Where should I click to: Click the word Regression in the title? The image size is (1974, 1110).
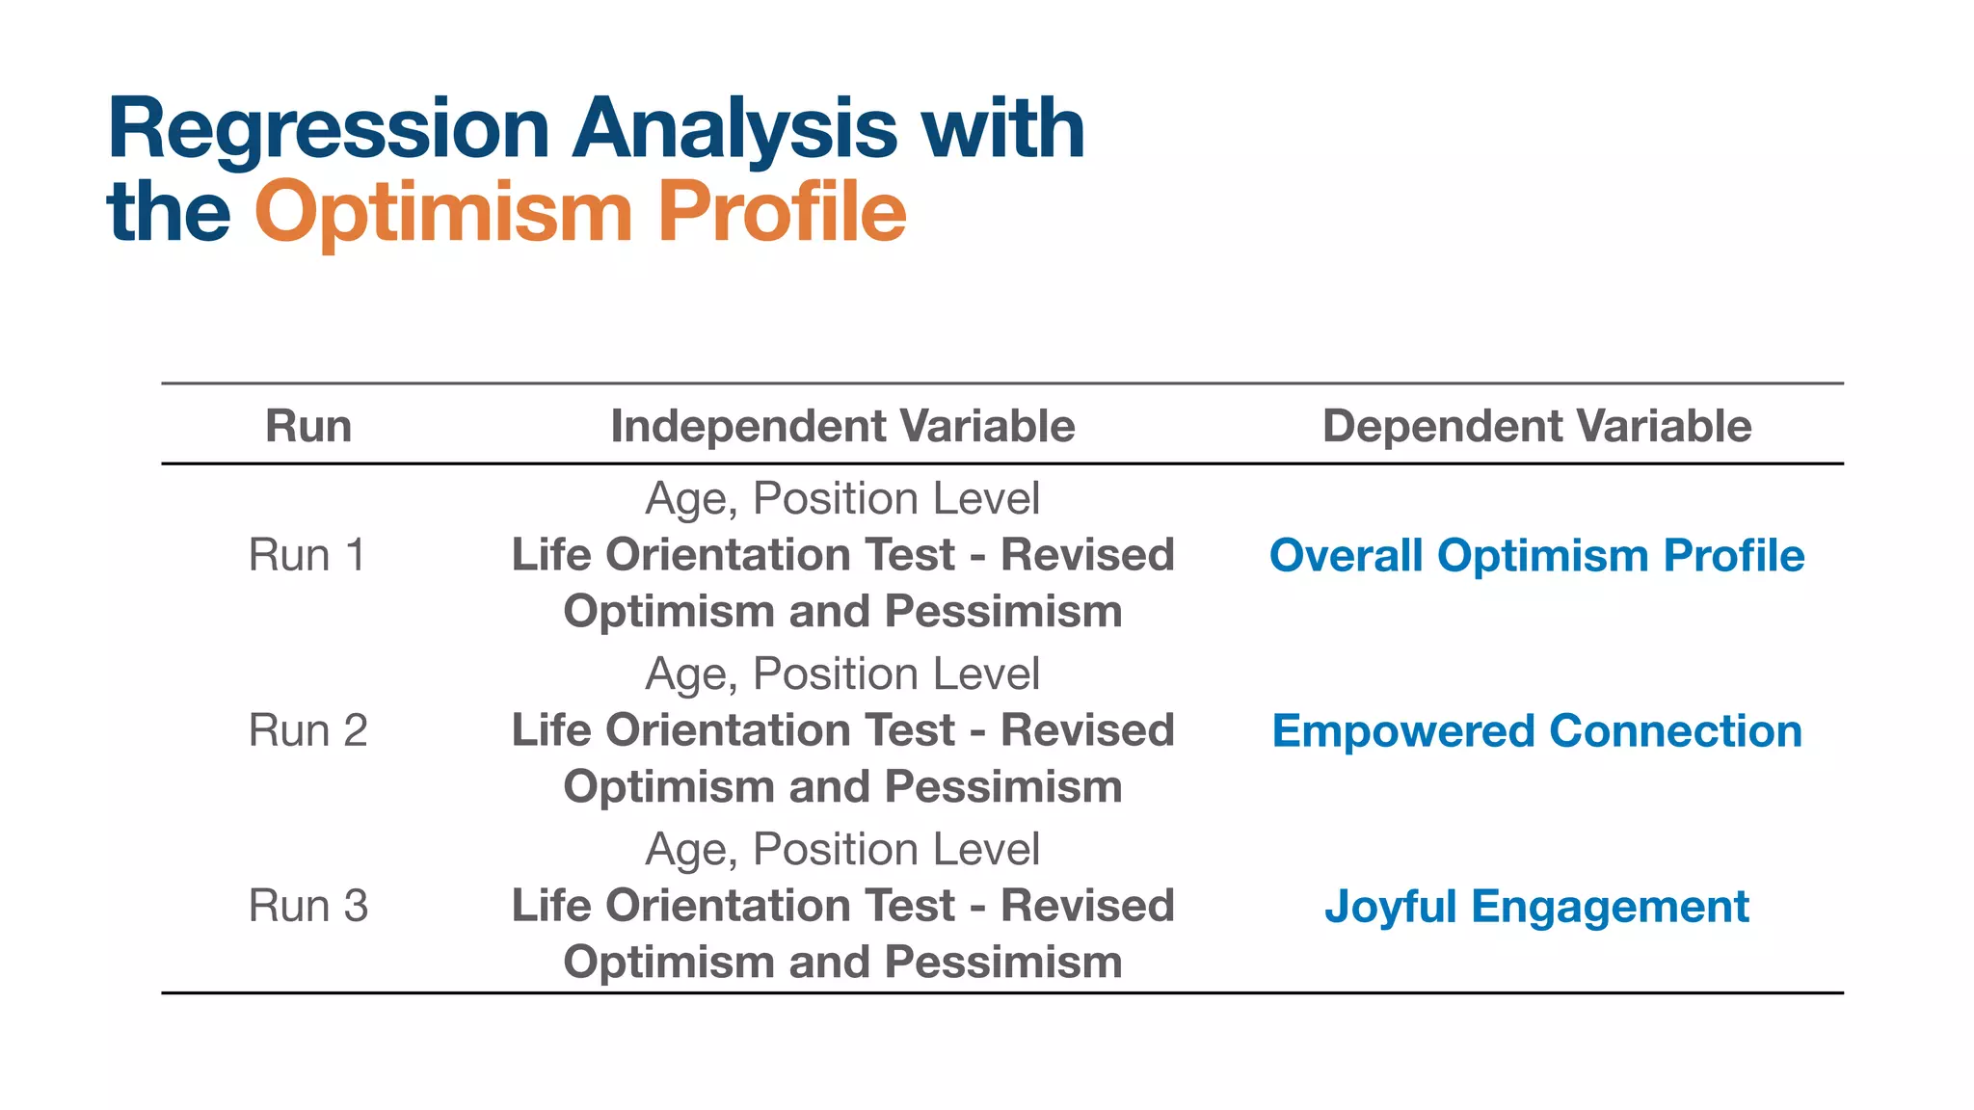pyautogui.click(x=329, y=130)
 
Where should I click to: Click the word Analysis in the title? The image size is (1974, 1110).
pyautogui.click(x=734, y=130)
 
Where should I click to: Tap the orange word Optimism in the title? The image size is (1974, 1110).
pyautogui.click(x=443, y=213)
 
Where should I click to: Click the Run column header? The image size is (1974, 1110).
pyautogui.click(x=308, y=426)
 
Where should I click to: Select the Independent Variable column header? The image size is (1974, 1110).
pyautogui.click(x=842, y=426)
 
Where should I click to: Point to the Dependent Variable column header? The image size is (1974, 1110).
pyautogui.click(x=1536, y=426)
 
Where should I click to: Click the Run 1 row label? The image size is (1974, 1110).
pyautogui.click(x=308, y=556)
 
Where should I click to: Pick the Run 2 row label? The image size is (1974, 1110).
pyautogui.click(x=308, y=731)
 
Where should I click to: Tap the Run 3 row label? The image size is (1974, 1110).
pyautogui.click(x=308, y=907)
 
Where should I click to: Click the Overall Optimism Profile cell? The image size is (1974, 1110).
pyautogui.click(x=1536, y=556)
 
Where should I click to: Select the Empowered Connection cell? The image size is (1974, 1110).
pyautogui.click(x=1536, y=731)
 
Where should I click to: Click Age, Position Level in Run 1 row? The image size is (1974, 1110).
pyautogui.click(x=842, y=499)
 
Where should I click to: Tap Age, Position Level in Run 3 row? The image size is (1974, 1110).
pyautogui.click(x=842, y=850)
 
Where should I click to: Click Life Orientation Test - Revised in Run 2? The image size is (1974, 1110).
pyautogui.click(x=842, y=730)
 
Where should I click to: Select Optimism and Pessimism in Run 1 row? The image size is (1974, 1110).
pyautogui.click(x=842, y=612)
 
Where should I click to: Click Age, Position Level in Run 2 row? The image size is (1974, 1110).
pyautogui.click(x=842, y=674)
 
